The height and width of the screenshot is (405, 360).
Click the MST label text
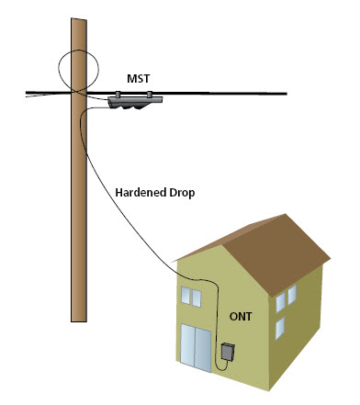coord(139,79)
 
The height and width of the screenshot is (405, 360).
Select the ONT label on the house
coord(241,316)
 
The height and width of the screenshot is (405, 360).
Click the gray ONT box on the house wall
coord(228,352)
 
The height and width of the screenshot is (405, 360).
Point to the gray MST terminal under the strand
coord(135,103)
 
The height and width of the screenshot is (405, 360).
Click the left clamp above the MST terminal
coord(118,94)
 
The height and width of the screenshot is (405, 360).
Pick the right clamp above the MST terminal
coord(150,94)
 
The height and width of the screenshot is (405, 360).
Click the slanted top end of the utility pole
coord(79,19)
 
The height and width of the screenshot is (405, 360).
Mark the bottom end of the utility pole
coord(79,321)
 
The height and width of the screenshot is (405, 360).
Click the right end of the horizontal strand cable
coord(287,94)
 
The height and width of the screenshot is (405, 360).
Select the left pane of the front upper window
coord(186,295)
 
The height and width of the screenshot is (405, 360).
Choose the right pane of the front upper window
coord(197,298)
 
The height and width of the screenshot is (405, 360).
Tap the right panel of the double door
coord(203,350)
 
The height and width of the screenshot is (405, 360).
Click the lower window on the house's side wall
coord(280,328)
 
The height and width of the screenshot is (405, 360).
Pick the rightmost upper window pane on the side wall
coord(292,295)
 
